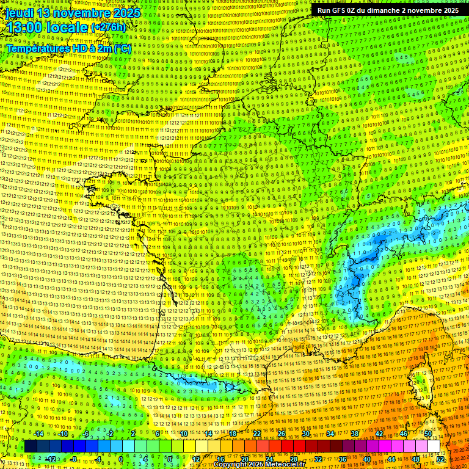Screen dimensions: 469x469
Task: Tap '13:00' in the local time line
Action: [24, 27]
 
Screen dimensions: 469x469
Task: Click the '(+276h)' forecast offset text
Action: [108, 27]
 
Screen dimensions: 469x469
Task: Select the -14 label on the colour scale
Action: [38, 434]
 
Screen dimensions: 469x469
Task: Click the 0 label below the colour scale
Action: [121, 459]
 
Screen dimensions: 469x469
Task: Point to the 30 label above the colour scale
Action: [305, 434]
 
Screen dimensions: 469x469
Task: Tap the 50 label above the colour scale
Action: [428, 434]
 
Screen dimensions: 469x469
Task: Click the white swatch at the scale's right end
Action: [434, 446]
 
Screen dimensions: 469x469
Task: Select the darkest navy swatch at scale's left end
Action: [31, 446]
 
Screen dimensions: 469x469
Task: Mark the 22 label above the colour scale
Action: [256, 434]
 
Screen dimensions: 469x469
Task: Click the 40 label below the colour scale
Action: [367, 459]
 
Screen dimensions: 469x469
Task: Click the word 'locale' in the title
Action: [68, 27]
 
